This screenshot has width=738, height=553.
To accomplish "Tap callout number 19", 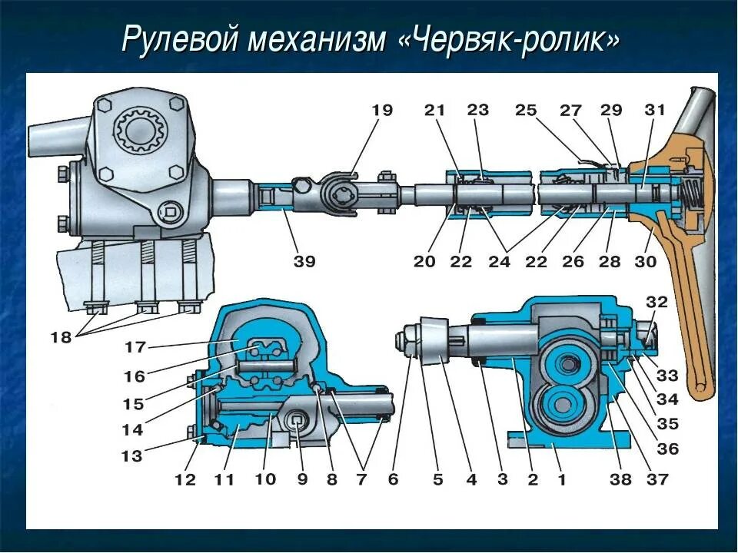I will click(381, 111).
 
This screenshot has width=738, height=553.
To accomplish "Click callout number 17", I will click(135, 347).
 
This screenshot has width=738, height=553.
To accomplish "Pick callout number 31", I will click(654, 111).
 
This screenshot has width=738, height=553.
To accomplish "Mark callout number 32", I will click(657, 301).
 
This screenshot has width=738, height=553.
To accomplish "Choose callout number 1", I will click(561, 480).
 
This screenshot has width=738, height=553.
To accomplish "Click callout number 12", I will click(184, 480).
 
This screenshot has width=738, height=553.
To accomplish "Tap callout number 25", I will click(526, 111).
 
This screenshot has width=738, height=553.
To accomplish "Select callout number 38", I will click(620, 480).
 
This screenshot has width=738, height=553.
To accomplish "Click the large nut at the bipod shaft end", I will click(407, 339).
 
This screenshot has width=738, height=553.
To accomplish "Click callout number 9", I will click(301, 480).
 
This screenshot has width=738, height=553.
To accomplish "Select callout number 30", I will click(646, 261).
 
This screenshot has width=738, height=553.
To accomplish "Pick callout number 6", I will click(393, 480).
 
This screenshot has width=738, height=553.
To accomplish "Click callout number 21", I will click(434, 111).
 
